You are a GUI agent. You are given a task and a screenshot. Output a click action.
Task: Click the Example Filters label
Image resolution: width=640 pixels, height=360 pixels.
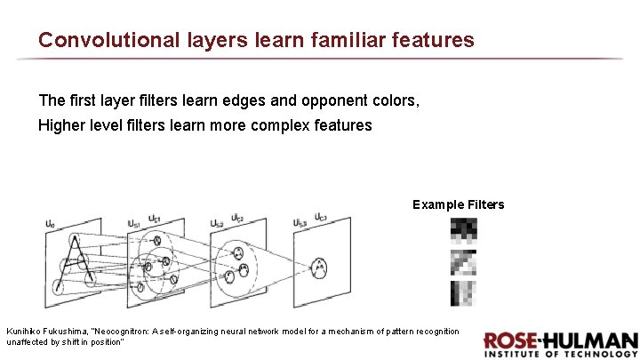pos(458,205)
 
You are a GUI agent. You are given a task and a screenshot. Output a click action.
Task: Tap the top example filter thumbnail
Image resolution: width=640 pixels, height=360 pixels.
pos(462,231)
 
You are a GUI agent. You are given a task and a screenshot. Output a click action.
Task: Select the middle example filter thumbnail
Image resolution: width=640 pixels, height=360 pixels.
pos(462,262)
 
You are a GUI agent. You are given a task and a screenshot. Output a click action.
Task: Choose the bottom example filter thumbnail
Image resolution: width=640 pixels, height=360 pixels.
pos(462,293)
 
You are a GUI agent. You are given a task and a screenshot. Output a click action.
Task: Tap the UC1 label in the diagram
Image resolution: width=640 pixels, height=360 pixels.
pos(154,219)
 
